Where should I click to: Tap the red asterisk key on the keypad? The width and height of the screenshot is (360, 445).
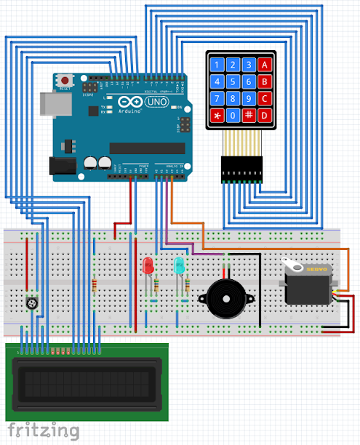click(217, 115)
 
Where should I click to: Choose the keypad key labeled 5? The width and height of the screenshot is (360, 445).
click(233, 81)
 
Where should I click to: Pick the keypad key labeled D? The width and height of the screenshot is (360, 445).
click(265, 115)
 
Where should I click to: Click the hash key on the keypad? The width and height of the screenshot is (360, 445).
click(249, 115)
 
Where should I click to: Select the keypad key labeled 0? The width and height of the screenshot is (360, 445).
click(233, 115)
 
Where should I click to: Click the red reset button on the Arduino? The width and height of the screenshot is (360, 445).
click(66, 79)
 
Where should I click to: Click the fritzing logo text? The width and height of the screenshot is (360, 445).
click(44, 430)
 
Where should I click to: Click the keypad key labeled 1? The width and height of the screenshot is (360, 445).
click(217, 65)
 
